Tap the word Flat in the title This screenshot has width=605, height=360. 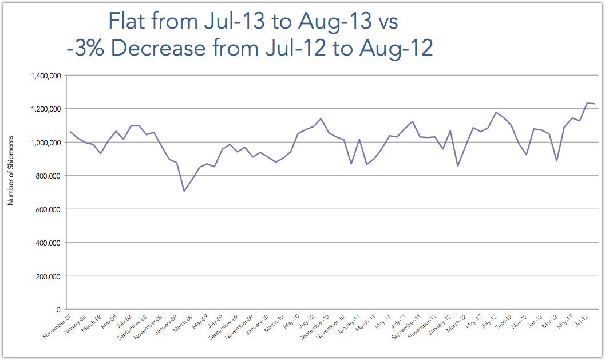[128, 23]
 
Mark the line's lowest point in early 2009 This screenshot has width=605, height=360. [184, 191]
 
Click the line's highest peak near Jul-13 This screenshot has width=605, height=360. [588, 103]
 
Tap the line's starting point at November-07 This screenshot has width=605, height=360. [70, 132]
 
